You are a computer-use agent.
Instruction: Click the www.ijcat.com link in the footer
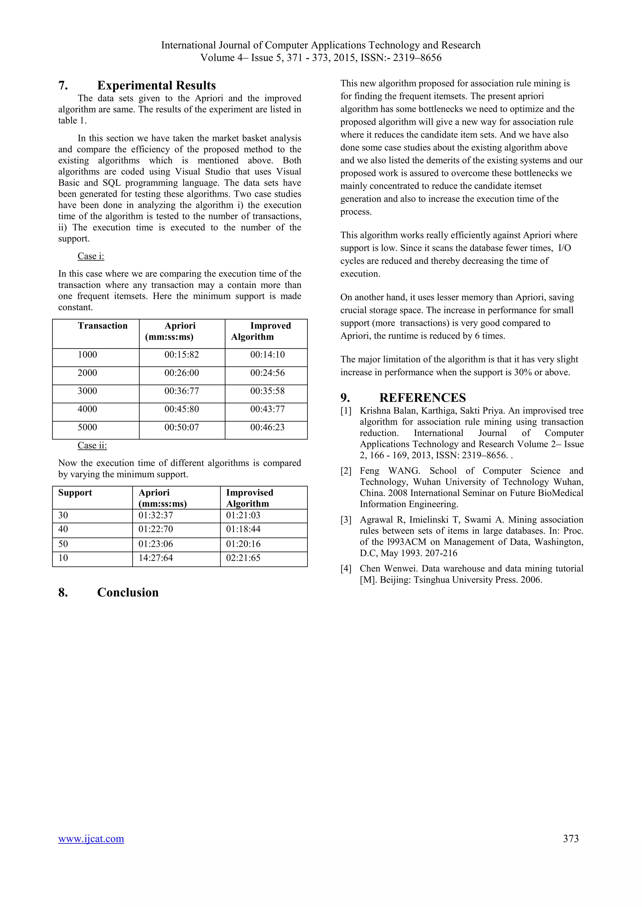(91, 839)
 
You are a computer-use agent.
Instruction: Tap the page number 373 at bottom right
(571, 839)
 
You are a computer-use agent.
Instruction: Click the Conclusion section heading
(128, 592)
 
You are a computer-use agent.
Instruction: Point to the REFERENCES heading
(422, 397)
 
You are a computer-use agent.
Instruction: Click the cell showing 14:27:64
(155, 558)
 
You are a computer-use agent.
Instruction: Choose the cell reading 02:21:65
(243, 558)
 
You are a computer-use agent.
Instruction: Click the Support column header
(75, 493)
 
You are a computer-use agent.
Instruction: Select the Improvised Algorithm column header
(250, 498)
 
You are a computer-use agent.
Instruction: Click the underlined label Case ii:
(92, 445)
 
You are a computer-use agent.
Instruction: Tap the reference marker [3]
(346, 520)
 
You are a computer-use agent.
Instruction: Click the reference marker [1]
(346, 411)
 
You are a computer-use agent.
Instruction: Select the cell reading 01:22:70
(155, 529)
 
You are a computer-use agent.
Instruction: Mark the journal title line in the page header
(321, 45)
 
